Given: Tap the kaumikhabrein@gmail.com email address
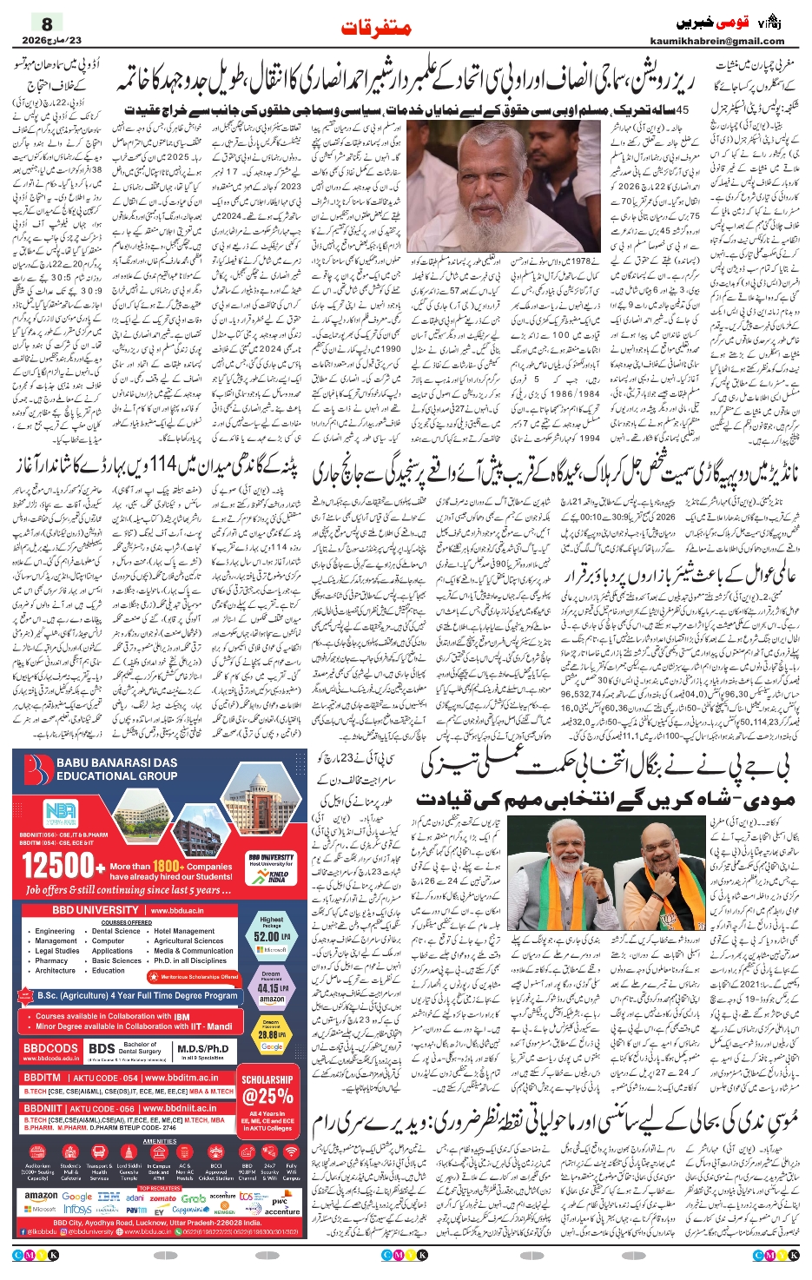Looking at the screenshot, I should click(x=716, y=41).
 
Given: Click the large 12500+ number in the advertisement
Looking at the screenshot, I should click(x=59, y=866).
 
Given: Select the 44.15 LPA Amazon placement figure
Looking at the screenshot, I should click(x=271, y=988).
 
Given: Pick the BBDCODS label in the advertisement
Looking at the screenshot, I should click(x=51, y=1048).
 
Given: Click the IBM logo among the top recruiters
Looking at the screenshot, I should click(x=109, y=1197).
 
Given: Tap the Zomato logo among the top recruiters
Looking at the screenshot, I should click(x=162, y=1198).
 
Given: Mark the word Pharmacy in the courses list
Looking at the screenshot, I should click(x=51, y=960).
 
